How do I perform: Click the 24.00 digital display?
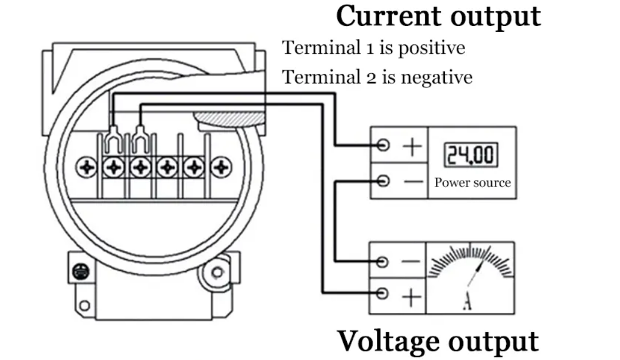471,155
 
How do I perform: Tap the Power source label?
473,182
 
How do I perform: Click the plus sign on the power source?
412,146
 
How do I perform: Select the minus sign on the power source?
412,181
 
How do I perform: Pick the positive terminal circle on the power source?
383,145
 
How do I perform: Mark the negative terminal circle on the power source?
383,181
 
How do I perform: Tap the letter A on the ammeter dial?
467,302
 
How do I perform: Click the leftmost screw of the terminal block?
87,168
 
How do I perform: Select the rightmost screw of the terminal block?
221,168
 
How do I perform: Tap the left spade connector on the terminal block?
113,140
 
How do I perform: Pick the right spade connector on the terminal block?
140,140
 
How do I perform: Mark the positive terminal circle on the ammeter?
383,293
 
